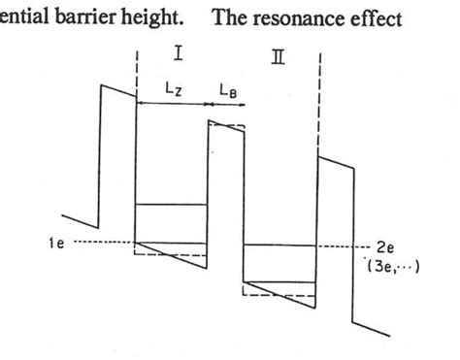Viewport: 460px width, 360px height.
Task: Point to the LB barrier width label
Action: coord(224,87)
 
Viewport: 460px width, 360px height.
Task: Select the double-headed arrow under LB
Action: coord(225,102)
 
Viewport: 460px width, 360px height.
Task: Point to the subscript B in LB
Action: coord(231,90)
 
